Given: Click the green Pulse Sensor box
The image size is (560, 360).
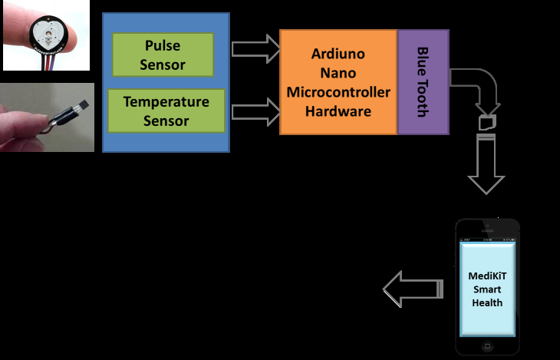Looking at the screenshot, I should [162, 55].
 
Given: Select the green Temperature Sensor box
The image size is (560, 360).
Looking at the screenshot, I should [166, 111].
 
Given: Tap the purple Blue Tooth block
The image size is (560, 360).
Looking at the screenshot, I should [423, 82].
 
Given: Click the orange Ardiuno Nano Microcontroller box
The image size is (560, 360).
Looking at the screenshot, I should [338, 82].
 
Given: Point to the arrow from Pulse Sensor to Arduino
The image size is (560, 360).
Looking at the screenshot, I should [255, 50].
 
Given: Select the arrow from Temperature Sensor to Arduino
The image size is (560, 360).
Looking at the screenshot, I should [255, 111].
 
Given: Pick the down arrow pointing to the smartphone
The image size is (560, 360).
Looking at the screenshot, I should [486, 165].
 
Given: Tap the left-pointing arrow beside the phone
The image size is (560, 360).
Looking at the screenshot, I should [412, 289].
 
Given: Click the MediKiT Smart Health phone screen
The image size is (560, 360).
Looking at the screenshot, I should [487, 289].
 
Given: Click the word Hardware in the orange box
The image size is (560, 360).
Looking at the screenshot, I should [338, 111].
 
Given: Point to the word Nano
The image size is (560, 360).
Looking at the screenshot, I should [338, 74].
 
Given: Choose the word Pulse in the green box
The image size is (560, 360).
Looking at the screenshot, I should [162, 46].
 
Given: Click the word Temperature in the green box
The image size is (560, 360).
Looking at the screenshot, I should [166, 101].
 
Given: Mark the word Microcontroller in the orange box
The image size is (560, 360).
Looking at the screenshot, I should [338, 93].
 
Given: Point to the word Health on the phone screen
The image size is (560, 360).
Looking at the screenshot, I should [487, 302].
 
